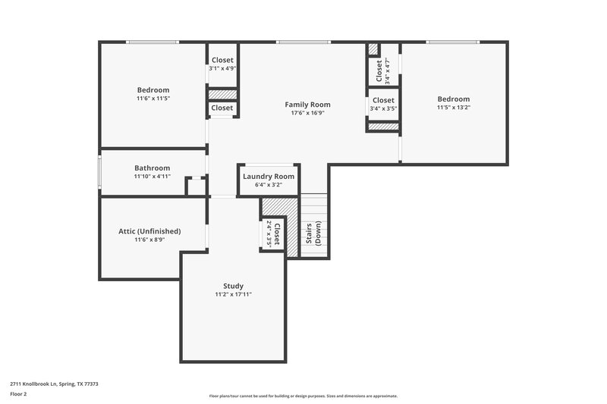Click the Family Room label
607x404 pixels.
point(307,105)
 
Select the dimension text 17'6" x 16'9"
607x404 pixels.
point(307,114)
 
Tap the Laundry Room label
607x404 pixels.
point(269,177)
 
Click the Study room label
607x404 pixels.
point(233,286)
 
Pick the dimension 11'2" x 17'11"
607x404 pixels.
point(233,295)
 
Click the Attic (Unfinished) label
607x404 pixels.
point(149,231)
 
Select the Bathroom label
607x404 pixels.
point(152,168)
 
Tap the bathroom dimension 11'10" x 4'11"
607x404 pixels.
point(152,177)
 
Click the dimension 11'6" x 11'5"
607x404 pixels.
point(153,99)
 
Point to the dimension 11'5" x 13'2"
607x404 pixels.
point(453,108)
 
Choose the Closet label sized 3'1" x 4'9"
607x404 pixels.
point(222,60)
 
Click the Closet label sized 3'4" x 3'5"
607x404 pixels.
point(383,100)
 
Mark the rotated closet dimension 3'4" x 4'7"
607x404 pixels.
point(387,70)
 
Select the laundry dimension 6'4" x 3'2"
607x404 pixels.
point(269,185)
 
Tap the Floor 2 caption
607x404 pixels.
point(18,395)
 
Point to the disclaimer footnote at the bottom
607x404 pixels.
point(303,396)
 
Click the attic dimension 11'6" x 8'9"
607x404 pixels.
point(149,240)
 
